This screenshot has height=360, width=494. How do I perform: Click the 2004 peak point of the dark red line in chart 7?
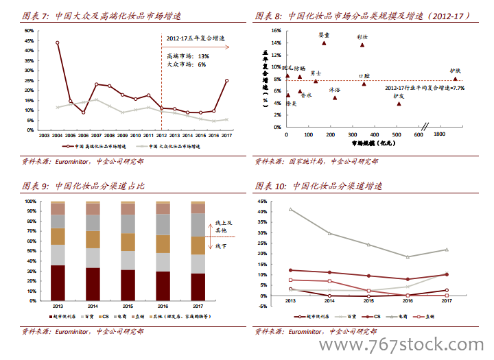(x=57, y=43)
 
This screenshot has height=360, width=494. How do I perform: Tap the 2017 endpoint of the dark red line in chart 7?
(x=226, y=80)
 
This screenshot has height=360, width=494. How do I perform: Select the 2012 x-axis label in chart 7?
(x=161, y=136)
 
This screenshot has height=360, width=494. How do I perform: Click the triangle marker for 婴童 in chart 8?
(x=324, y=43)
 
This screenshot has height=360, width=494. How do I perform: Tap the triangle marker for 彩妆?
(x=362, y=45)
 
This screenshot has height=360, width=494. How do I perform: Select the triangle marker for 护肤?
(x=455, y=79)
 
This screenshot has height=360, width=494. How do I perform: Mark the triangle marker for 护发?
(x=399, y=104)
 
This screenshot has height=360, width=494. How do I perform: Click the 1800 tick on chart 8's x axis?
(x=439, y=135)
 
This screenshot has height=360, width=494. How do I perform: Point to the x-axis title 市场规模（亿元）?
(x=370, y=143)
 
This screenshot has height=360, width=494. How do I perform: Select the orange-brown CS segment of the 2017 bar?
(x=198, y=245)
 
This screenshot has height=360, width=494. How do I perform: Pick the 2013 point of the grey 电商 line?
(x=290, y=209)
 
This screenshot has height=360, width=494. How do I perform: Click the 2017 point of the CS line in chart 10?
(x=447, y=274)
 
